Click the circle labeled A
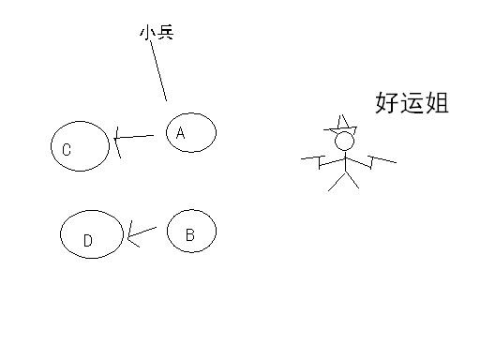click(191, 132)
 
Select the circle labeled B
click(191, 232)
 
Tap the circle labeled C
click(81, 146)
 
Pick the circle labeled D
click(91, 234)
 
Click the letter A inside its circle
click(181, 133)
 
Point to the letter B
click(189, 235)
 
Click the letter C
click(67, 149)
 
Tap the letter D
click(87, 241)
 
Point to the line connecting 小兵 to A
click(158, 70)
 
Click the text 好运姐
click(412, 103)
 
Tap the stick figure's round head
click(345, 142)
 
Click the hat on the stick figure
click(342, 123)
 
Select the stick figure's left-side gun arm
click(319, 161)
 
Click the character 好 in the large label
click(386, 103)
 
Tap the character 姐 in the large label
click(437, 103)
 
